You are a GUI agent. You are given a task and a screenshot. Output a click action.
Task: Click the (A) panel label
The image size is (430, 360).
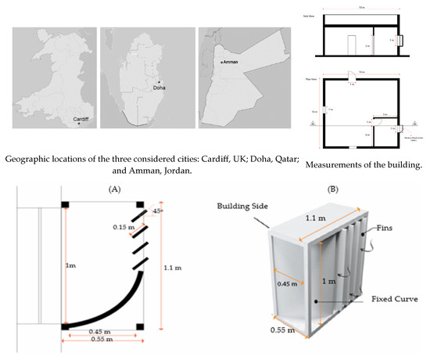pyautogui.click(x=102, y=189)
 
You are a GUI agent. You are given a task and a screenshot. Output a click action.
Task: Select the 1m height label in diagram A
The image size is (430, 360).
pyautogui.click(x=74, y=266)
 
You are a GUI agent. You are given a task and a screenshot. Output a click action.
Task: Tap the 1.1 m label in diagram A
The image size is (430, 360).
pyautogui.click(x=174, y=267)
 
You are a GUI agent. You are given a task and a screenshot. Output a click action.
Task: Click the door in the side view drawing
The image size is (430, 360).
pyautogui.click(x=352, y=44)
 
